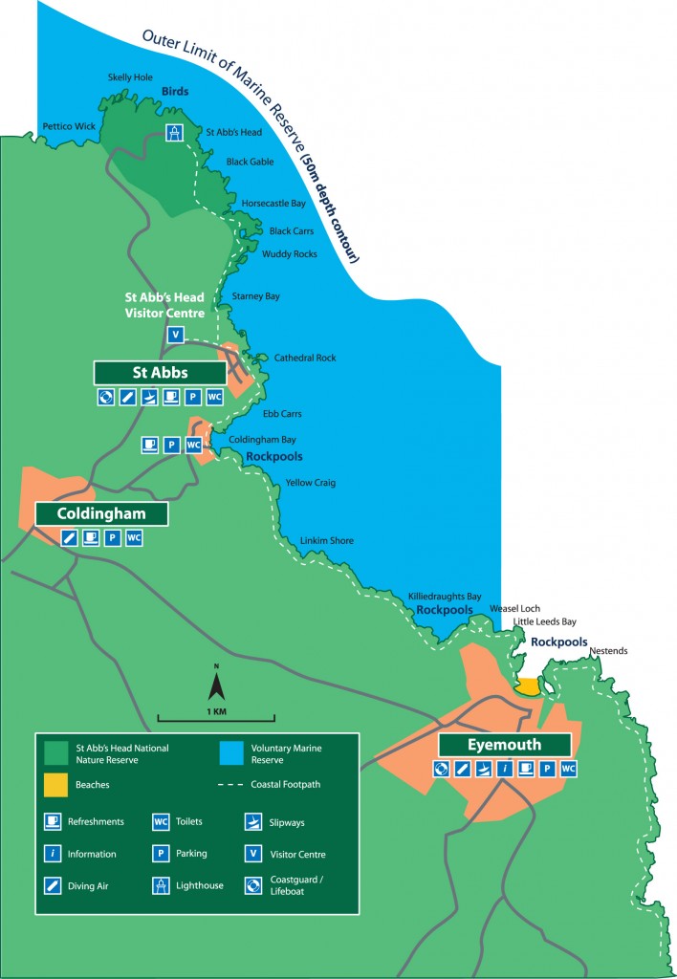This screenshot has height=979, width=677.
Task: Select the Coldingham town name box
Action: click(101, 513)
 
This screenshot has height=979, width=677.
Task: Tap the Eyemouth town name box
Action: click(505, 745)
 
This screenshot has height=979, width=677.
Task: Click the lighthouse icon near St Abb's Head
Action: click(174, 134)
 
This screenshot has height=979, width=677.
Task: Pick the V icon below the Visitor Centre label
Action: click(174, 335)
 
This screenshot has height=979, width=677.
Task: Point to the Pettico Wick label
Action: click(69, 126)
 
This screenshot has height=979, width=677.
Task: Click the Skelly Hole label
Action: click(131, 77)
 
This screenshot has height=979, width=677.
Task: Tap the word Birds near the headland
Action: click(174, 92)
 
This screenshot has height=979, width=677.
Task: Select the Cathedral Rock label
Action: click(305, 358)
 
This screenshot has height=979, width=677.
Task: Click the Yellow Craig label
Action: click(311, 483)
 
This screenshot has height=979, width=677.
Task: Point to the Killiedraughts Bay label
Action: click(445, 595)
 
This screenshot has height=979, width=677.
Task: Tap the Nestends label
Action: click(609, 651)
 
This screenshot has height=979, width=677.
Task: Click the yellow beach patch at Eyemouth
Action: click(527, 686)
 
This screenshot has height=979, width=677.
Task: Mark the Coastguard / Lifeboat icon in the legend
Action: click(253, 885)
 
